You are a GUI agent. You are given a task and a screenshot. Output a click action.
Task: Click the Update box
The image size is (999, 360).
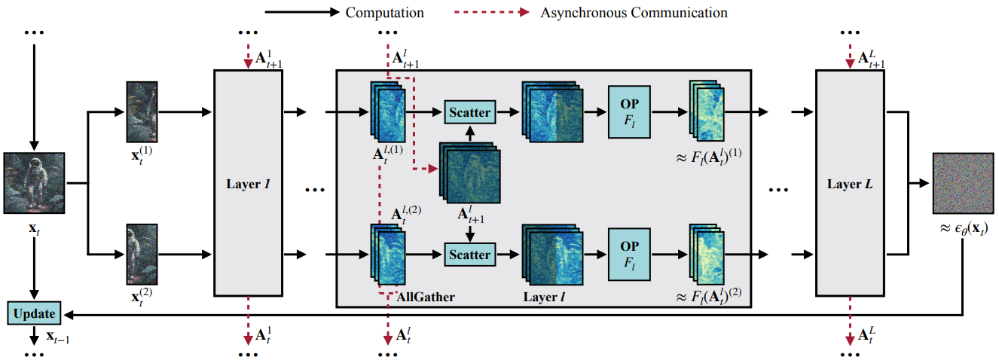click(35, 313)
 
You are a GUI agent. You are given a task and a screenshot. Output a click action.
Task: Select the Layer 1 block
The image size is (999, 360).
click(248, 183)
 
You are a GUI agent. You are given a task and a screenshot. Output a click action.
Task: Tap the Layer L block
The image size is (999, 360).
click(850, 183)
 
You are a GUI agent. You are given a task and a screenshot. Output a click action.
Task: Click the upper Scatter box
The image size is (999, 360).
click(469, 112)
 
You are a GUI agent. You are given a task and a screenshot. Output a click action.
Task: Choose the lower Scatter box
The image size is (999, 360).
click(469, 255)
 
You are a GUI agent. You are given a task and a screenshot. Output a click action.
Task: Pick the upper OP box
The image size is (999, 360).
click(629, 112)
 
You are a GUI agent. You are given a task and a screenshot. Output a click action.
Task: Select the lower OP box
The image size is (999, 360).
click(629, 255)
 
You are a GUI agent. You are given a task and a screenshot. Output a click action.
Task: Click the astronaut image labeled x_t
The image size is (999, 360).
click(34, 183)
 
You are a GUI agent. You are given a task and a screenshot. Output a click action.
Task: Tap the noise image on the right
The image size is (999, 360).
click(964, 183)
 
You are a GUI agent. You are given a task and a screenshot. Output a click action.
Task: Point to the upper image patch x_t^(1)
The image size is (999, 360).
click(142, 112)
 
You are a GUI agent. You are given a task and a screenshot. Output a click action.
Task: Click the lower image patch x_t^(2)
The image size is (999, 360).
click(142, 255)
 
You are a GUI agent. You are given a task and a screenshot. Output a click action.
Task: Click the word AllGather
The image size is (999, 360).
click(426, 297)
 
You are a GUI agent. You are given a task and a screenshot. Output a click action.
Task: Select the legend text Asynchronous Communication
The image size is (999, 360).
click(634, 13)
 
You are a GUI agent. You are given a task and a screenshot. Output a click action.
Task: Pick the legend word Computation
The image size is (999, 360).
click(384, 13)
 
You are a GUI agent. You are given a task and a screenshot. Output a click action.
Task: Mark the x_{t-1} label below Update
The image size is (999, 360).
click(58, 337)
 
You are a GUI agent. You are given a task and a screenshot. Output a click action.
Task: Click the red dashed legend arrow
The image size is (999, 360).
click(492, 12)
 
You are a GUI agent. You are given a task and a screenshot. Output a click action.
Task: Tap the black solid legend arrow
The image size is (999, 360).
click(302, 12)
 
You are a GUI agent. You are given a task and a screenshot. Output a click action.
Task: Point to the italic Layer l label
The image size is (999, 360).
click(544, 297)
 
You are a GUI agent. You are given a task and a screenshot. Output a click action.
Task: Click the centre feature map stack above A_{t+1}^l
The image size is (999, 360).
click(469, 172)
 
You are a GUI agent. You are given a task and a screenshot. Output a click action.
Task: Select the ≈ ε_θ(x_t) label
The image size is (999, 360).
click(964, 229)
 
